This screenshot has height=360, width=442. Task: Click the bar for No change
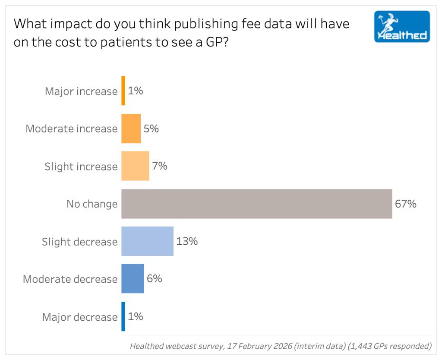[256, 204]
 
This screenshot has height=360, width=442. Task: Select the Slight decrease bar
[147, 241]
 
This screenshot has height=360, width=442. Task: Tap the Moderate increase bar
[131, 129]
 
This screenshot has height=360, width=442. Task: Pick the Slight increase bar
[135, 166]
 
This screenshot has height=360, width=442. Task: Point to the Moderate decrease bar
[133, 279]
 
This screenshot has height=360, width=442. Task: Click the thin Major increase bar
[123, 91]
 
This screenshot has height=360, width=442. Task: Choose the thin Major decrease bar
[123, 316]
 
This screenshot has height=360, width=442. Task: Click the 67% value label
[406, 204]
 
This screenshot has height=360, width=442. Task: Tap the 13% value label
[187, 241]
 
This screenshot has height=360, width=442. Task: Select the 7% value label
[160, 166]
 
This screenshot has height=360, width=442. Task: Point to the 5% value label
[151, 129]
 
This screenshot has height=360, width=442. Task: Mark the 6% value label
[155, 279]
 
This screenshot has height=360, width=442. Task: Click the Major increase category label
[81, 92]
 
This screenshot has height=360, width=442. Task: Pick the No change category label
[92, 204]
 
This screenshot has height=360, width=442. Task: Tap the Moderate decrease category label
[70, 279]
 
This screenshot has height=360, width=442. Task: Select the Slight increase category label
[81, 167]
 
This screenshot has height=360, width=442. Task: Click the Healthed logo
[402, 26]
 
